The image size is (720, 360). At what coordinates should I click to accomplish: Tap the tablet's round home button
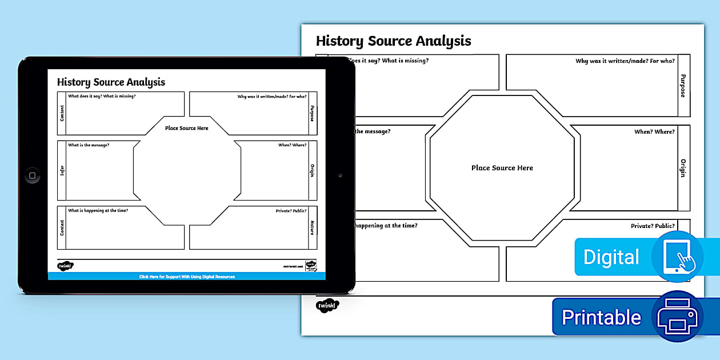33,175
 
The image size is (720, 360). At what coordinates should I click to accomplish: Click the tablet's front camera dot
339,175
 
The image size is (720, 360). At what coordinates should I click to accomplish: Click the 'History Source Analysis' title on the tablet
111,82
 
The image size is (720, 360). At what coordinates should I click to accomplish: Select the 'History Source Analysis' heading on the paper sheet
393,41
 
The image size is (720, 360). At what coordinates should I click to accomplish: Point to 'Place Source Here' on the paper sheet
502,168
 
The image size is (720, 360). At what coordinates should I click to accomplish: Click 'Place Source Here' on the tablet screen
187,128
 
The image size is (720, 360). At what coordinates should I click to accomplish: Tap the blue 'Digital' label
611,257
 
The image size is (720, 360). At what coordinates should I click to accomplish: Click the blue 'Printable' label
601,317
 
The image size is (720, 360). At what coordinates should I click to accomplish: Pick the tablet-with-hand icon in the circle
678,257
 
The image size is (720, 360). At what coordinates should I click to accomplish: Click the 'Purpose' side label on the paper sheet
683,85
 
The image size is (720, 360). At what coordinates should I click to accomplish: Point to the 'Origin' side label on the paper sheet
683,168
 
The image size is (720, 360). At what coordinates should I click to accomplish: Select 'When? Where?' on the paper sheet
654,132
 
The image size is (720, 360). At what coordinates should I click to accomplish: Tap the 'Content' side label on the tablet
62,113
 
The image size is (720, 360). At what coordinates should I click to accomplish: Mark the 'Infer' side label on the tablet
62,170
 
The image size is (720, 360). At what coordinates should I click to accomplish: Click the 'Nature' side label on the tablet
313,227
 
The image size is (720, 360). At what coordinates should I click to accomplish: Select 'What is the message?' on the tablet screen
89,145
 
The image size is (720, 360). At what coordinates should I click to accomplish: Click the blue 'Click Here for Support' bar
187,277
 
